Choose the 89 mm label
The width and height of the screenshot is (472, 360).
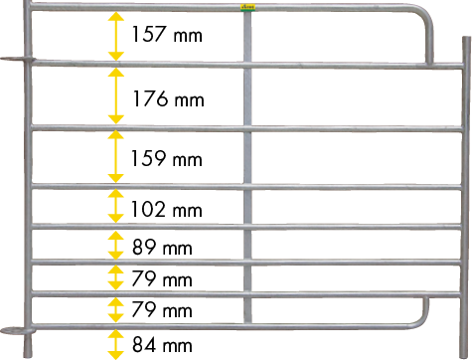pyautogui.click(x=161, y=247)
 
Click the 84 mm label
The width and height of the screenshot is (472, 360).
pyautogui.click(x=161, y=346)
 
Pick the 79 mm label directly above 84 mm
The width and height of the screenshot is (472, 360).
pyautogui.click(x=161, y=311)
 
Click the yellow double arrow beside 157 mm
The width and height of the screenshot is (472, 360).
pyautogui.click(x=115, y=38)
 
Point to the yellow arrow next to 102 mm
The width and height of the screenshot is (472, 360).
pyautogui.click(x=115, y=208)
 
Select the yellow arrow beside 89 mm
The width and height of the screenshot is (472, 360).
pyautogui.click(x=115, y=246)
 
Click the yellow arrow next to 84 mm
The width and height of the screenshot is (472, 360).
pyautogui.click(x=115, y=344)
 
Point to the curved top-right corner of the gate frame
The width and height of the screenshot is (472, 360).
pyautogui.click(x=425, y=20)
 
